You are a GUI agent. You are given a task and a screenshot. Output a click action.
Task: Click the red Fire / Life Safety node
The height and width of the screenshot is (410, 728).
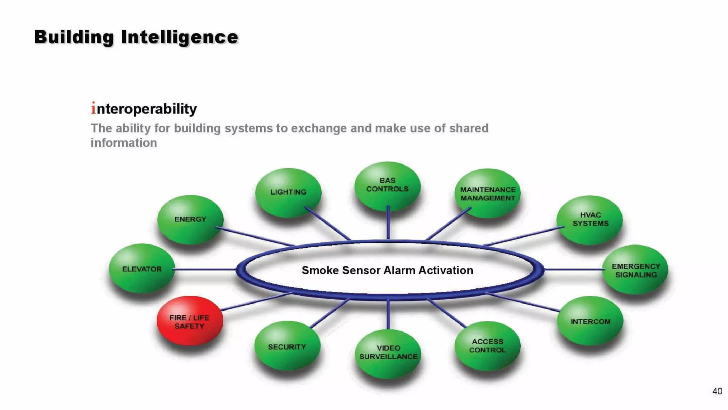(190, 321)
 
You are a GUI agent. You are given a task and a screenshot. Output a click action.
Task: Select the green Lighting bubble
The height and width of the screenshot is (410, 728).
(288, 193)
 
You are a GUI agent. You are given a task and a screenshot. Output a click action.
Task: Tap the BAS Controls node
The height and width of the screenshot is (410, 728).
(387, 185)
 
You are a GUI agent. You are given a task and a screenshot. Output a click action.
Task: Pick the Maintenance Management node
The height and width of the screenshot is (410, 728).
(488, 193)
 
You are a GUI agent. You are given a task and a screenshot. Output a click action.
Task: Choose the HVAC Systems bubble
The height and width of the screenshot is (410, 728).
(590, 220)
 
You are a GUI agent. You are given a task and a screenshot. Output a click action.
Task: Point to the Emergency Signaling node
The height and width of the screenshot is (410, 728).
(636, 270)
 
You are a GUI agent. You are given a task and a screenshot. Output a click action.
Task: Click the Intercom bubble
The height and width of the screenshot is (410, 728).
(590, 321)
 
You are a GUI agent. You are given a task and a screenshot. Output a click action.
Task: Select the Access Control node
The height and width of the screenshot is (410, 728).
(487, 346)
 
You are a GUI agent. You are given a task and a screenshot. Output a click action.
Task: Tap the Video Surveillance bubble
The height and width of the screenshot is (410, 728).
(388, 353)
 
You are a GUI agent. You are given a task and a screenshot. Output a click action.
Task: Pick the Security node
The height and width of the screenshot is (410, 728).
(287, 346)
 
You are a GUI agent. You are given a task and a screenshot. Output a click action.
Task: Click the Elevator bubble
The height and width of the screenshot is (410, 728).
(142, 269)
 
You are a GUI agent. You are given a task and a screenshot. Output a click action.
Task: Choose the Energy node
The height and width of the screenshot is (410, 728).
(190, 219)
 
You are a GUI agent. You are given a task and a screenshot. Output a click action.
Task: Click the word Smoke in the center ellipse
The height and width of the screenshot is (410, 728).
(320, 270)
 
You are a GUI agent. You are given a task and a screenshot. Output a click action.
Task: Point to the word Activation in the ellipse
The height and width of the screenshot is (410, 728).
(446, 270)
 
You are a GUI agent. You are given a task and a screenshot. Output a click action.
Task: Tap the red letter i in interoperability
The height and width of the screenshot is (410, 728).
(93, 108)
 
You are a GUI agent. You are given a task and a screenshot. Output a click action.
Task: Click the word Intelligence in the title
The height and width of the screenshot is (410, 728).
(180, 37)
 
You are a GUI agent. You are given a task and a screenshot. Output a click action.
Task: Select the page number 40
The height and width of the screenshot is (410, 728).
(717, 391)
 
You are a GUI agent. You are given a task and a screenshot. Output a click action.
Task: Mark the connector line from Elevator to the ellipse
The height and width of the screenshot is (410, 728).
(204, 269)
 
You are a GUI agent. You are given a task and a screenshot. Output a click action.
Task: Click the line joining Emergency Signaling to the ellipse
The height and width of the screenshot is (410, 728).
(573, 269)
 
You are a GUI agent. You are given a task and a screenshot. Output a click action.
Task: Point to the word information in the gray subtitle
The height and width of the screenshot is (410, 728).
(124, 143)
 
